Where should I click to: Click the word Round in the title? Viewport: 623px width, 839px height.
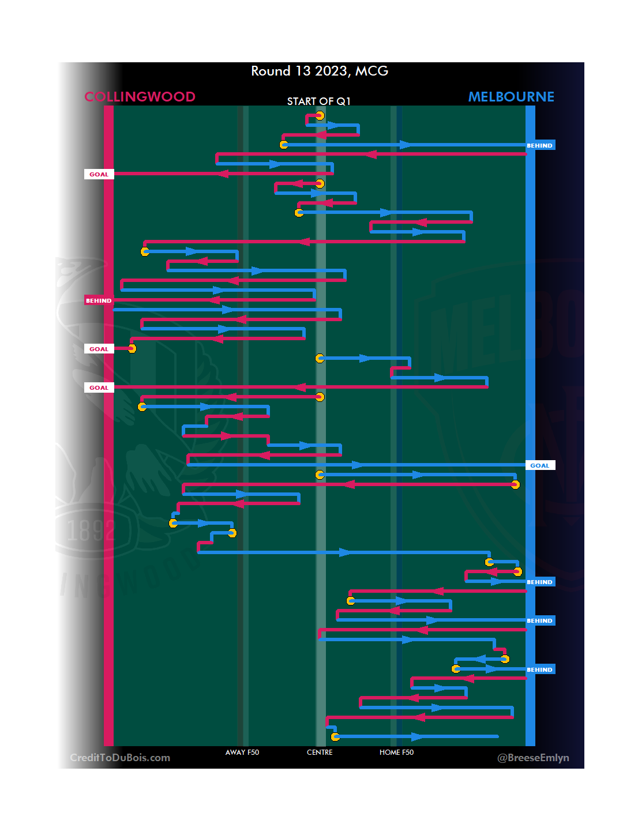point(271,71)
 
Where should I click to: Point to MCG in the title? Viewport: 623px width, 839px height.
point(371,71)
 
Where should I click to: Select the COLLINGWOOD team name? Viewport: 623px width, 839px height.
point(140,97)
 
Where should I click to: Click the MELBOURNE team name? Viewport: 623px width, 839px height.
point(511,97)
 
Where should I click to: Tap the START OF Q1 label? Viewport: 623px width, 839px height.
point(318,101)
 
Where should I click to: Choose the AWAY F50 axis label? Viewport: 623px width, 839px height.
point(242,753)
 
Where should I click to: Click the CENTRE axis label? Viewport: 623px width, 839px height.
point(320,753)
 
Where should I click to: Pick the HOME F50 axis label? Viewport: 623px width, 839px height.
point(396,753)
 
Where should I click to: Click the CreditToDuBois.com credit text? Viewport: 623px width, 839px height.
point(120,758)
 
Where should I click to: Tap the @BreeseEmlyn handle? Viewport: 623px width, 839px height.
point(533,758)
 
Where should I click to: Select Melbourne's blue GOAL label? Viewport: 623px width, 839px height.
point(540,465)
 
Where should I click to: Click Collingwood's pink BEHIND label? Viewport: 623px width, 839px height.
point(99,300)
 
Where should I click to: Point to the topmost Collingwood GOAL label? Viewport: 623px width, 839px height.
point(99,174)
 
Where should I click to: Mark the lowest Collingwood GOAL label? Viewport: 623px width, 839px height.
point(99,387)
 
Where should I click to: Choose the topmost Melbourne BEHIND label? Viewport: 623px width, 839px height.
point(540,145)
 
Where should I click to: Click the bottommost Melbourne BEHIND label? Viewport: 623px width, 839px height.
point(540,669)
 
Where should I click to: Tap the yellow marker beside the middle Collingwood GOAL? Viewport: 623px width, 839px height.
point(132,348)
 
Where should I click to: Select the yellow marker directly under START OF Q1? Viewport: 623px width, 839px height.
point(320,116)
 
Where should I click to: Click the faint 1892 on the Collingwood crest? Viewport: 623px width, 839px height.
point(91,531)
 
